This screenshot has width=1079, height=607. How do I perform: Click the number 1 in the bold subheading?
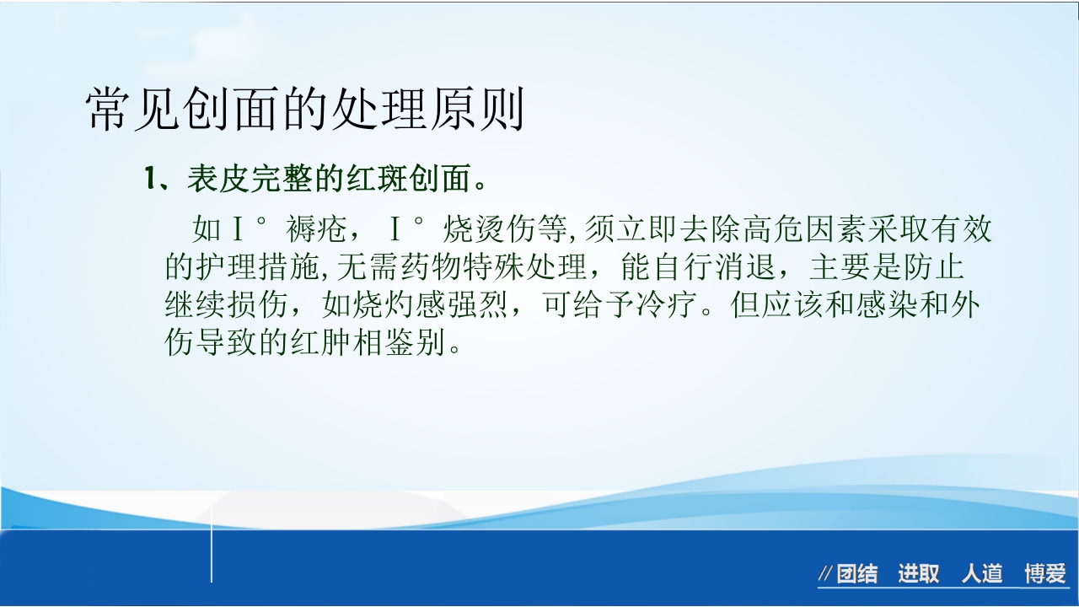[151, 179]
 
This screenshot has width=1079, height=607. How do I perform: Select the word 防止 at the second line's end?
[947, 268]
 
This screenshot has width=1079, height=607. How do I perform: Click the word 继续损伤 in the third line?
[228, 306]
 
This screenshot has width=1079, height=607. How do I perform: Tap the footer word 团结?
[857, 575]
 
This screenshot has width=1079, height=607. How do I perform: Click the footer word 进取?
[919, 575]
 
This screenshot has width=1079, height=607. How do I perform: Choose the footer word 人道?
[982, 575]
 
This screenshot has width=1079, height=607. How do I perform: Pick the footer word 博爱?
[1045, 575]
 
